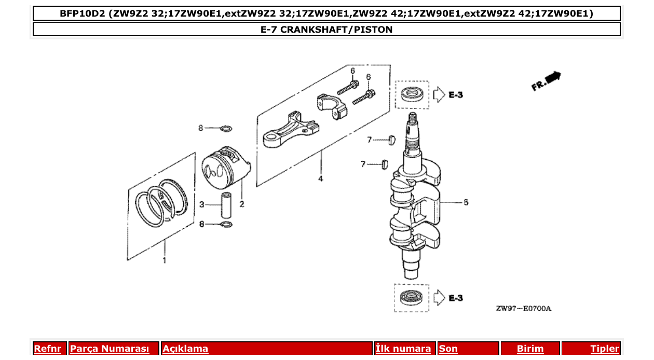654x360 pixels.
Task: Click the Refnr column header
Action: pyautogui.click(x=47, y=349)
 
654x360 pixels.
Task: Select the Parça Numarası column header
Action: pyautogui.click(x=110, y=349)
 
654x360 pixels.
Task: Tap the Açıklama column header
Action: pyautogui.click(x=185, y=349)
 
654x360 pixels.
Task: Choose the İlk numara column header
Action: pyautogui.click(x=403, y=349)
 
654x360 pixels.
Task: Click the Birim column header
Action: pyautogui.click(x=530, y=349)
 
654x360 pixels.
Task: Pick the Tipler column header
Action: pyautogui.click(x=605, y=349)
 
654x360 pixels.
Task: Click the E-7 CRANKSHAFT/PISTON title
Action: pyautogui.click(x=326, y=30)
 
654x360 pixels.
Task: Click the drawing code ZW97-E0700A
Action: pyautogui.click(x=523, y=309)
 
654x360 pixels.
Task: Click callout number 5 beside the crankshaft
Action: pyautogui.click(x=466, y=202)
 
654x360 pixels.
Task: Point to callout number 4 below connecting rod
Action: pyautogui.click(x=320, y=178)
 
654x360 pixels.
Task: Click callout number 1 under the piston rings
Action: pyautogui.click(x=165, y=260)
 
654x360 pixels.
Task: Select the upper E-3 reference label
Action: pyautogui.click(x=455, y=95)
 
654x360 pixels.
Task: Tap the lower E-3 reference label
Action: pyautogui.click(x=455, y=298)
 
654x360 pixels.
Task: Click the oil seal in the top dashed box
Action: pyautogui.click(x=412, y=94)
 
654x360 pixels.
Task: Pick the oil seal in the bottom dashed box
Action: pyautogui.click(x=412, y=298)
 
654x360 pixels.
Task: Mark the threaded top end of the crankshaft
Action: pyautogui.click(x=413, y=124)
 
